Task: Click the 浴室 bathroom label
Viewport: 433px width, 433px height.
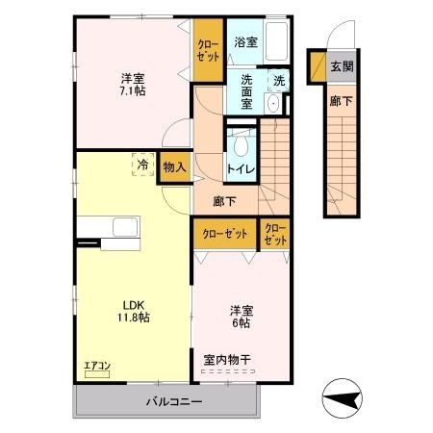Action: coord(245,42)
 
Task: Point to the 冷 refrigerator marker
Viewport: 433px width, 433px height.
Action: coord(141,166)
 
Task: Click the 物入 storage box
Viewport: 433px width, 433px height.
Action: coord(175,166)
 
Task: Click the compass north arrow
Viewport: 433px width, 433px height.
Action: coord(344,395)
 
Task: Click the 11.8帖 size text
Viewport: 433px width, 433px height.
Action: coord(132,318)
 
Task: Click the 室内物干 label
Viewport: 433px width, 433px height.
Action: coord(227,360)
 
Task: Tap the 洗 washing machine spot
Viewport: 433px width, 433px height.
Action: coord(278,81)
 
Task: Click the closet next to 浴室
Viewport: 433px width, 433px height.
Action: coord(208,50)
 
